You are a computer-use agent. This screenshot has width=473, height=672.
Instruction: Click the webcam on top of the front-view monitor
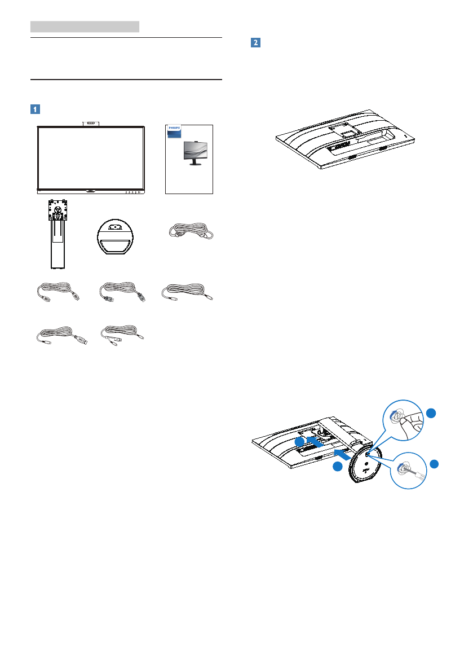(91, 122)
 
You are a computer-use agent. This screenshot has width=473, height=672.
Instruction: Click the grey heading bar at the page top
(85, 26)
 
